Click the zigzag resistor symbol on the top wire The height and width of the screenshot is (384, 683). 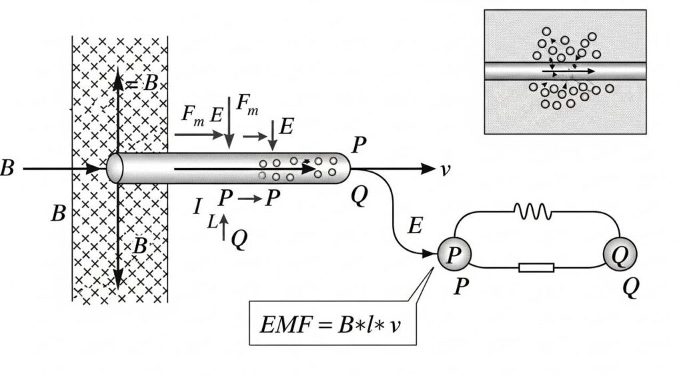coord(532,212)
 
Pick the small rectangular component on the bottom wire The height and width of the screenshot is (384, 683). coord(536,268)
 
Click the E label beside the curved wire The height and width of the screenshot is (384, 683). coord(414,227)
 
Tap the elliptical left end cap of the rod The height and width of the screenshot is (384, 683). coord(115,168)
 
